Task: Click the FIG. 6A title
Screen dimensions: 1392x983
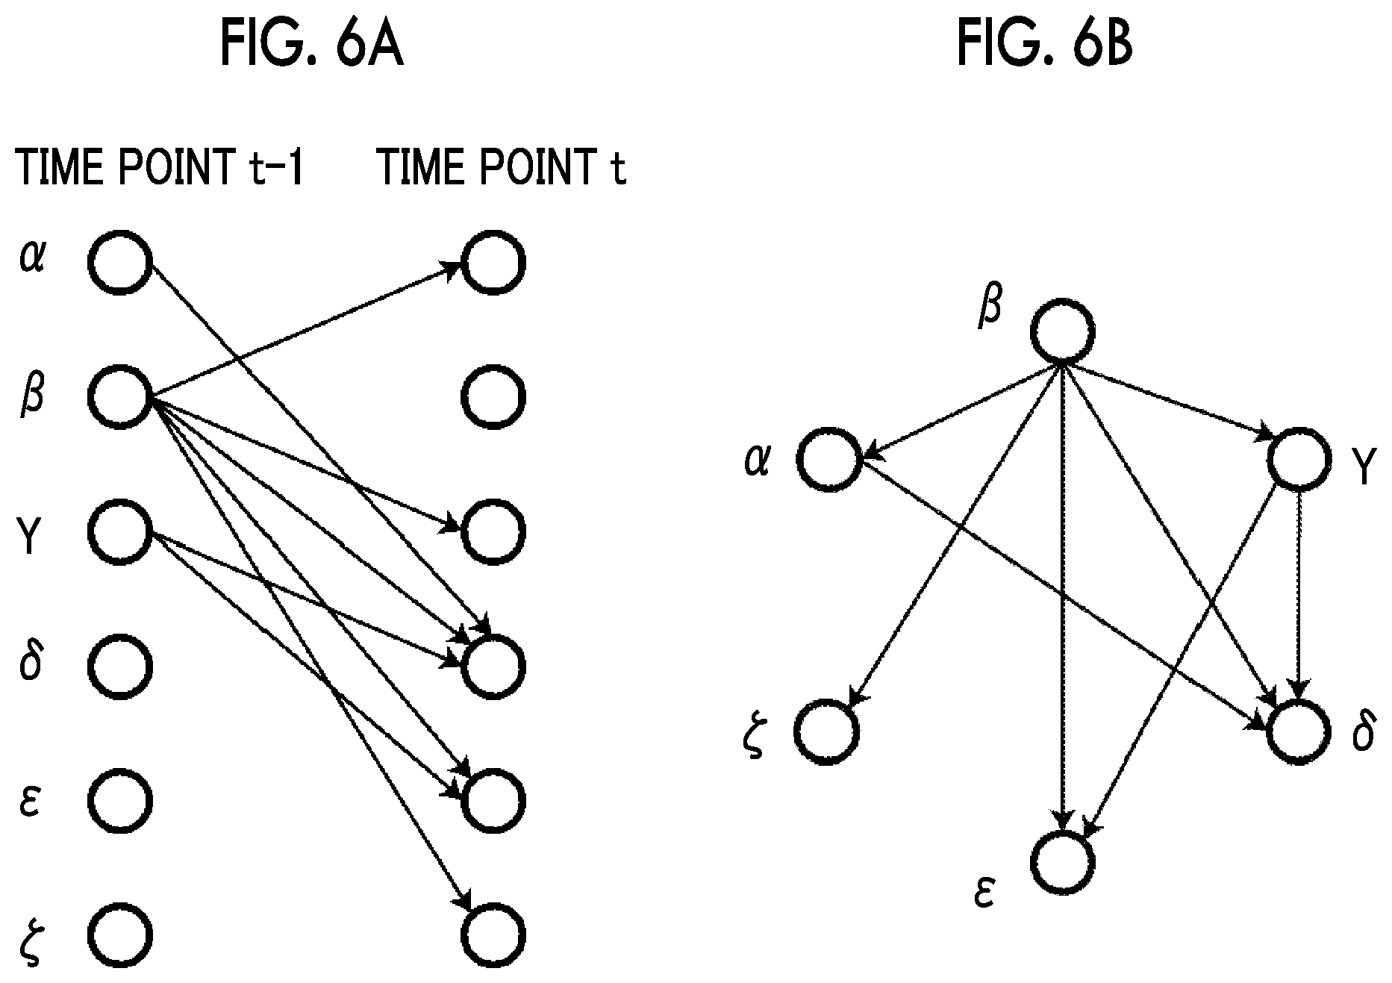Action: tap(311, 44)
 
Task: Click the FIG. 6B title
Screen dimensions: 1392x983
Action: tap(1045, 44)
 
